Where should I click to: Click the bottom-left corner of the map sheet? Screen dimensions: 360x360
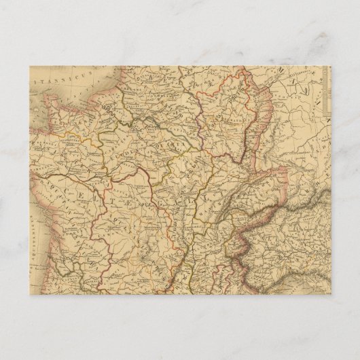coord(29,295)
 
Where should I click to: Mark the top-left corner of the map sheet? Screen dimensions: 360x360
coord(29,65)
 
